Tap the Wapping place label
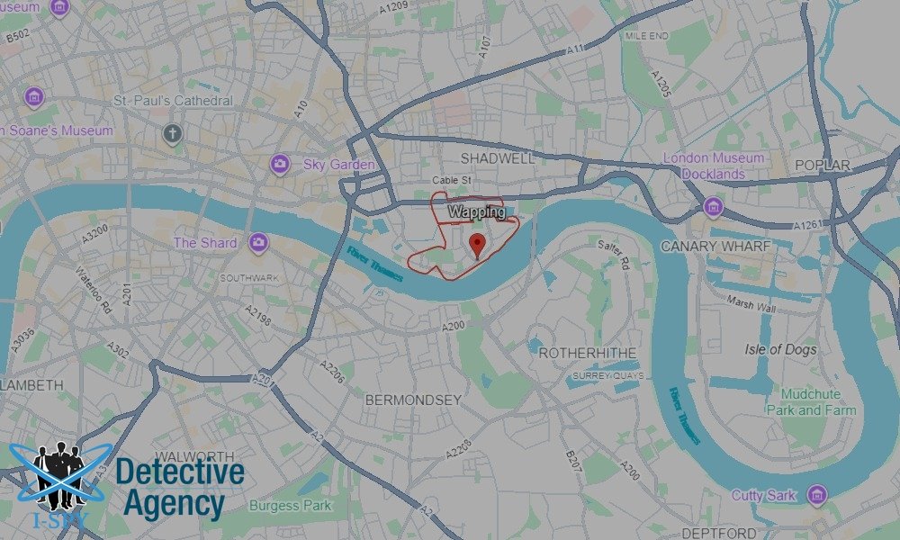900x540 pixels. [x=476, y=212]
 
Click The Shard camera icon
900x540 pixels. [x=258, y=243]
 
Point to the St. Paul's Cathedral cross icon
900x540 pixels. [x=172, y=134]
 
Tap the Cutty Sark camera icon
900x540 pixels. [x=817, y=495]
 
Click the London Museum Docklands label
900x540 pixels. [x=714, y=166]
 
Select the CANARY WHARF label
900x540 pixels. [x=715, y=246]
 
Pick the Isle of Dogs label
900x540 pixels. [x=780, y=349]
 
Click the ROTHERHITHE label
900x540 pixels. [x=587, y=353]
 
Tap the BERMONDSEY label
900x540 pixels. [x=413, y=399]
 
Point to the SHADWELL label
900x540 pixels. [x=497, y=157]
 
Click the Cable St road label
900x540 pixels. [x=452, y=180]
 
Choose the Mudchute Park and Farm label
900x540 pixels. [x=811, y=402]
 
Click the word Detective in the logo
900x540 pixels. [x=180, y=471]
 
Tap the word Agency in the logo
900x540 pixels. [x=174, y=503]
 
